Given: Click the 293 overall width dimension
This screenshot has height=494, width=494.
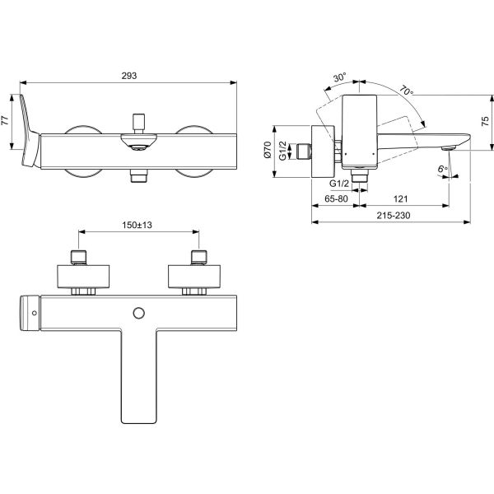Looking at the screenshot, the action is click(x=129, y=76).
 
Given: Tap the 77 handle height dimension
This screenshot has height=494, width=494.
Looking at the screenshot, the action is click(x=5, y=120).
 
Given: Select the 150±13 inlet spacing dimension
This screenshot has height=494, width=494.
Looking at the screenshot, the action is click(x=137, y=225).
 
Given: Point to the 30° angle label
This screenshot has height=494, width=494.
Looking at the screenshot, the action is click(x=340, y=77).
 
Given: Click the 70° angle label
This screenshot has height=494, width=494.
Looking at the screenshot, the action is click(x=407, y=91).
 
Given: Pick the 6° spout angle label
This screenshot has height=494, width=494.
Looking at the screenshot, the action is click(x=443, y=169).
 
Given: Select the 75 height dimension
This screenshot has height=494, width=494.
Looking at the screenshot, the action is click(x=486, y=121).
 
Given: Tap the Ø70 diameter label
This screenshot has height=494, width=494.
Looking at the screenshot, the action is click(x=268, y=150).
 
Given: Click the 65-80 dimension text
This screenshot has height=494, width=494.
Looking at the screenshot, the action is click(x=336, y=198).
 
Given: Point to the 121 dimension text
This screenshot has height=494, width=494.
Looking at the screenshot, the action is click(x=400, y=198).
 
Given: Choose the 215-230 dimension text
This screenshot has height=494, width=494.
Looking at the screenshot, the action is click(x=394, y=216).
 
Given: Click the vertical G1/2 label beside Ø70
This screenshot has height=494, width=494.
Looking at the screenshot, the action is click(x=283, y=151).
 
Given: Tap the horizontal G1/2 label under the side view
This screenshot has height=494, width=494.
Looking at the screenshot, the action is click(x=339, y=184).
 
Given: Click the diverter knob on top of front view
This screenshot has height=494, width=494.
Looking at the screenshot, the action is click(x=138, y=123).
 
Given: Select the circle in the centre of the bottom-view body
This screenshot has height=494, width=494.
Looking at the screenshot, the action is click(x=139, y=313).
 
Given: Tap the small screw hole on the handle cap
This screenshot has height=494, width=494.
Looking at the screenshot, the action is click(x=35, y=313).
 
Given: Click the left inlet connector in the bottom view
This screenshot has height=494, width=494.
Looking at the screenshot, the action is click(x=79, y=257).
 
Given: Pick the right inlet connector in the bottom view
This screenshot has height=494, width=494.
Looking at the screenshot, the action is click(x=199, y=257).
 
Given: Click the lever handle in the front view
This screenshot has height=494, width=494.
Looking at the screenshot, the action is click(x=30, y=131).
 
